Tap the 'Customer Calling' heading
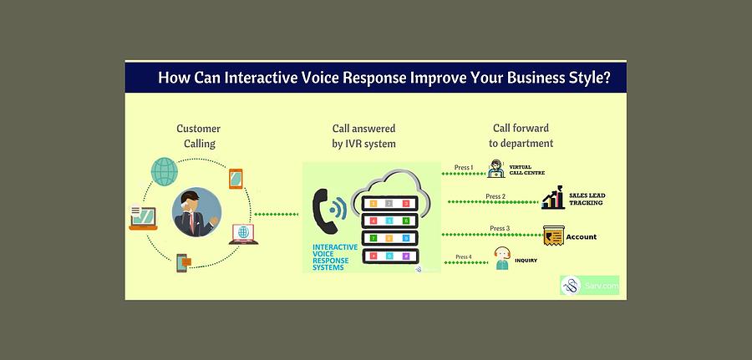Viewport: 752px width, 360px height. (199, 136)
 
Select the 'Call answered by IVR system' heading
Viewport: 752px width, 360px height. (363, 136)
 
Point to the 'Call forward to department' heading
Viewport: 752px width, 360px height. (521, 136)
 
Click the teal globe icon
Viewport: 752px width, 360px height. (165, 171)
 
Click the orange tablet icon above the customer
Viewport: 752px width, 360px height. (236, 179)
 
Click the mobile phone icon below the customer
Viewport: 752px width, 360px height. (183, 263)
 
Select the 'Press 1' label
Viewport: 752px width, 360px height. (464, 168)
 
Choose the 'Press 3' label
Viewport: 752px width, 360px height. (500, 228)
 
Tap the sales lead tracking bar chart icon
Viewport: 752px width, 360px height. (552, 198)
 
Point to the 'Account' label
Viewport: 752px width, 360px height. (582, 237)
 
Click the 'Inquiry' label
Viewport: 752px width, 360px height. (526, 261)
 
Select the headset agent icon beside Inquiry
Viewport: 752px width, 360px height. (502, 258)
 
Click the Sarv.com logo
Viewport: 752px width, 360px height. (589, 285)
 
